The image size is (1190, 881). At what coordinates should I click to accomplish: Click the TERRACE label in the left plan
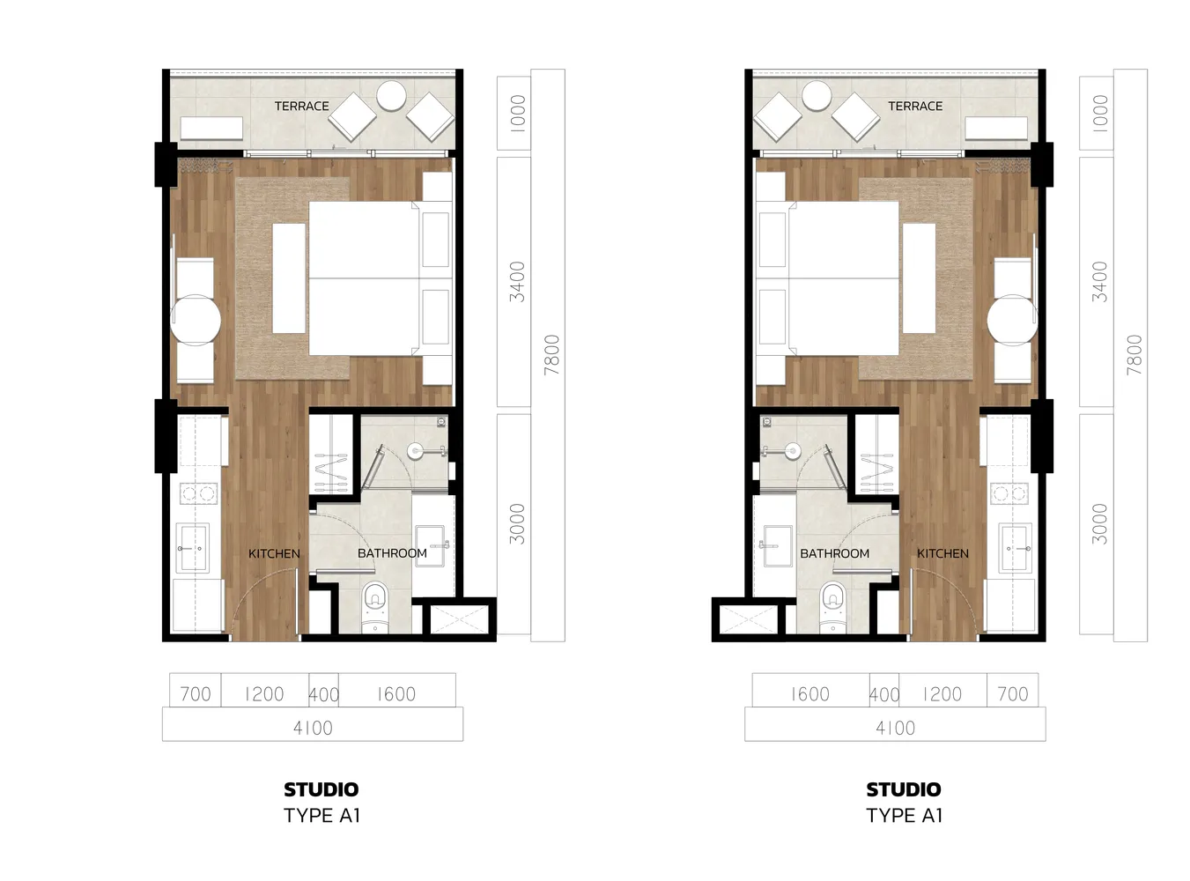point(301,107)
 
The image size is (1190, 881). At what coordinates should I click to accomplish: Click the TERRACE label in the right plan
point(915,107)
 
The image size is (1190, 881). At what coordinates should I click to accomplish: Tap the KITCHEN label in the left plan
point(274,553)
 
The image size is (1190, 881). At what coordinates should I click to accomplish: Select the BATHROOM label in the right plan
point(834,553)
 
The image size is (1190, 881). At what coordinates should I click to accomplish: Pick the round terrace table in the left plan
point(391,95)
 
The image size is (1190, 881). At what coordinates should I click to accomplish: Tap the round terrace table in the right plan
point(816,95)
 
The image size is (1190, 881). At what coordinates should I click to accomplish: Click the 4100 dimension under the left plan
point(313,728)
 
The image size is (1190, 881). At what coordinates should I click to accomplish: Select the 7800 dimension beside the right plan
point(1134,354)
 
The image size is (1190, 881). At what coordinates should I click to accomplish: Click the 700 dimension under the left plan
point(196,694)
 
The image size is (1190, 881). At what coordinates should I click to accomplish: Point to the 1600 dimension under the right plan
point(810,694)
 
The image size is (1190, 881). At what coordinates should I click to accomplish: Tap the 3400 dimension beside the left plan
point(517,282)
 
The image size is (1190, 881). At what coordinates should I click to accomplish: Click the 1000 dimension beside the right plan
point(1100,114)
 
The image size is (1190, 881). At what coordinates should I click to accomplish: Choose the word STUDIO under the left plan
point(321,789)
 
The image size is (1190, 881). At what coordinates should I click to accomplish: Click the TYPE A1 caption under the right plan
point(904,816)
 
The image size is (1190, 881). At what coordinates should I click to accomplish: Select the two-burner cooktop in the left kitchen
point(198,492)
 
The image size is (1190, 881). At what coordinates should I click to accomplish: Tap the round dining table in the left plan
point(196,321)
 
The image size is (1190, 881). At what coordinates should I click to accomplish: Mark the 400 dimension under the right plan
point(884,695)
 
